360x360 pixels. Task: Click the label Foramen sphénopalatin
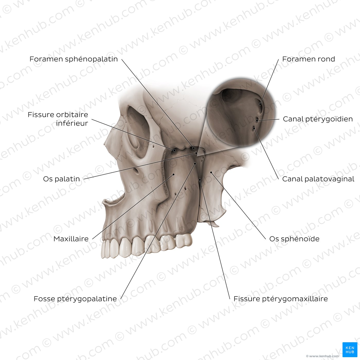[74, 59]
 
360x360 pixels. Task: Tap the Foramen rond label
[308, 59]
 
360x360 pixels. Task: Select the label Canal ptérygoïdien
[318, 119]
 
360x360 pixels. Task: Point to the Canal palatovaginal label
[318, 179]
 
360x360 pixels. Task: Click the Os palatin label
[61, 179]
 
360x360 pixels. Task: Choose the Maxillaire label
[71, 239]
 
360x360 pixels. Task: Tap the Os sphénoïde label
[294, 239]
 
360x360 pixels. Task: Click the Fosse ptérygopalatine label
[75, 299]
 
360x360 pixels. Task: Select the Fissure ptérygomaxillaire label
[281, 299]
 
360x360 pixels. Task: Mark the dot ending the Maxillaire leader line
[173, 175]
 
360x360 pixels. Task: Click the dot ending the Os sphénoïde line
[211, 172]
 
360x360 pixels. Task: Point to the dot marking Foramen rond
[260, 104]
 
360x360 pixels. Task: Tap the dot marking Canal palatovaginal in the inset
[254, 128]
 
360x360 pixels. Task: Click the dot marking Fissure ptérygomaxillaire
[200, 180]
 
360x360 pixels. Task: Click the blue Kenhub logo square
[350, 350]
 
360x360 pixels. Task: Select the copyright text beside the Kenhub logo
[322, 356]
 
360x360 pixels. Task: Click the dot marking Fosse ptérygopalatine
[195, 164]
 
